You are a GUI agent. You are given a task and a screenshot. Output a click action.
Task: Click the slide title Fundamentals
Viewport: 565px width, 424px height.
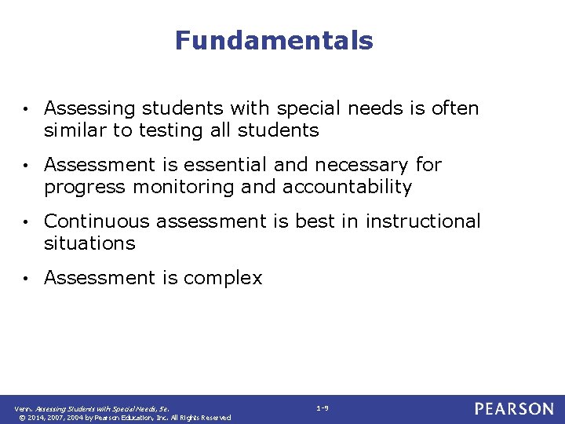point(274,40)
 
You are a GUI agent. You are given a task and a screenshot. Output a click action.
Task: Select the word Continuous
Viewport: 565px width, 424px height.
point(97,221)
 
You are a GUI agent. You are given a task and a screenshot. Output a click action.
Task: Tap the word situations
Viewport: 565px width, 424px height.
point(89,243)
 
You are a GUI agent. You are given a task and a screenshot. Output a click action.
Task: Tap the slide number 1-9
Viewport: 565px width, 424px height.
point(323,408)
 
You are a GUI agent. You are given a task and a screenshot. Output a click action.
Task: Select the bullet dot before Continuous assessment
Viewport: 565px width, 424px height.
point(26,222)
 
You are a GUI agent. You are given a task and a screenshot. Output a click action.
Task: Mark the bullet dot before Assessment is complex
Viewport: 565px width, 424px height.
point(26,279)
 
